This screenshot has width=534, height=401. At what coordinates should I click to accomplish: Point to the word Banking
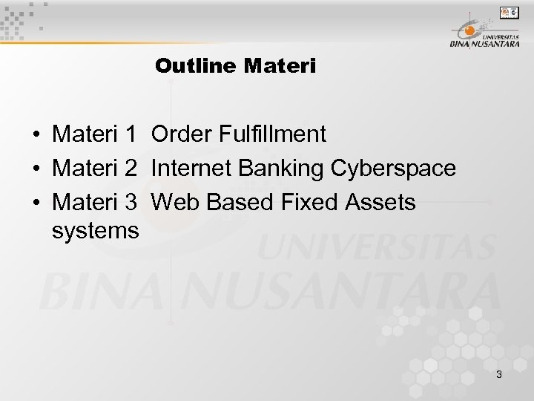[x=284, y=169]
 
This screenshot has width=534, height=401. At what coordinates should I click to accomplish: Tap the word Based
[x=234, y=202]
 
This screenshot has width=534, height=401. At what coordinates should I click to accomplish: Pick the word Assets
[x=379, y=202]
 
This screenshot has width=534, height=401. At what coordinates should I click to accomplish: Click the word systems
[x=96, y=231]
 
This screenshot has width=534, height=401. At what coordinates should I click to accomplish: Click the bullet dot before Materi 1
[x=36, y=135]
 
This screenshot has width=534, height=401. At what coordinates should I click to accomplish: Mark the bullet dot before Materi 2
[x=36, y=169]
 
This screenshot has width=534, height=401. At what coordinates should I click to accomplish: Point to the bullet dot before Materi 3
[x=36, y=203]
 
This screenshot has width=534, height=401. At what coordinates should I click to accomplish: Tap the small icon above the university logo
[x=510, y=12]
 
